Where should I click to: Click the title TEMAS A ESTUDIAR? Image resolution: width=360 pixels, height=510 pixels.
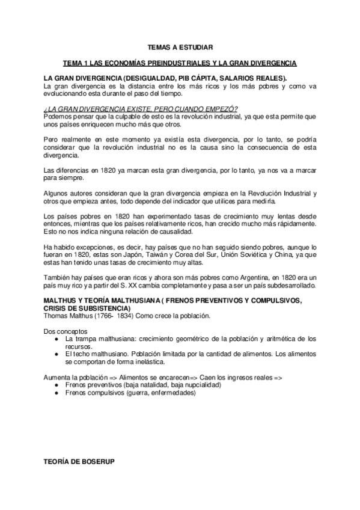pyautogui.click(x=180, y=46)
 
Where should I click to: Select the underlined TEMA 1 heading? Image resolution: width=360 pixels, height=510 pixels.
pyautogui.click(x=180, y=63)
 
